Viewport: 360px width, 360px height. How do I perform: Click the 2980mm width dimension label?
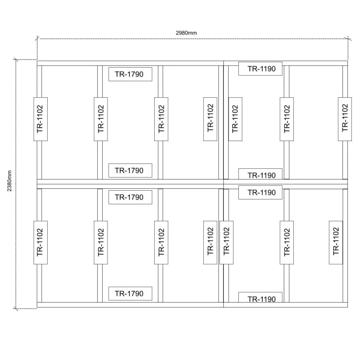click(186, 33)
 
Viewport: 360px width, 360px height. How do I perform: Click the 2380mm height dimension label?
click(9, 181)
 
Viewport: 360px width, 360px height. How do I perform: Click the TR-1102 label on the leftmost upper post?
click(41, 119)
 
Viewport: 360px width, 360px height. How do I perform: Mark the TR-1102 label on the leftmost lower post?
click(41, 242)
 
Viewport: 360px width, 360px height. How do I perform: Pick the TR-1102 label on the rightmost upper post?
click(345, 119)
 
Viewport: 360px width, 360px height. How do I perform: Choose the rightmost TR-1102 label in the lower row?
click(336, 242)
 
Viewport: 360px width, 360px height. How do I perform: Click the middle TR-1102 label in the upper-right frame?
click(287, 119)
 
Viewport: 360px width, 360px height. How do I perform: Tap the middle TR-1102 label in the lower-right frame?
click(287, 242)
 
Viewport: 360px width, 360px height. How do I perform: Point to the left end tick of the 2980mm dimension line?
click(37, 38)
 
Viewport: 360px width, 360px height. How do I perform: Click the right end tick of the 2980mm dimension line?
click(348, 38)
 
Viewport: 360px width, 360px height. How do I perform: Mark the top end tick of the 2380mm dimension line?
click(16, 59)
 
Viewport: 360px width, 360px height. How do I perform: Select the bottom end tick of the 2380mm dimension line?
click(16, 308)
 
